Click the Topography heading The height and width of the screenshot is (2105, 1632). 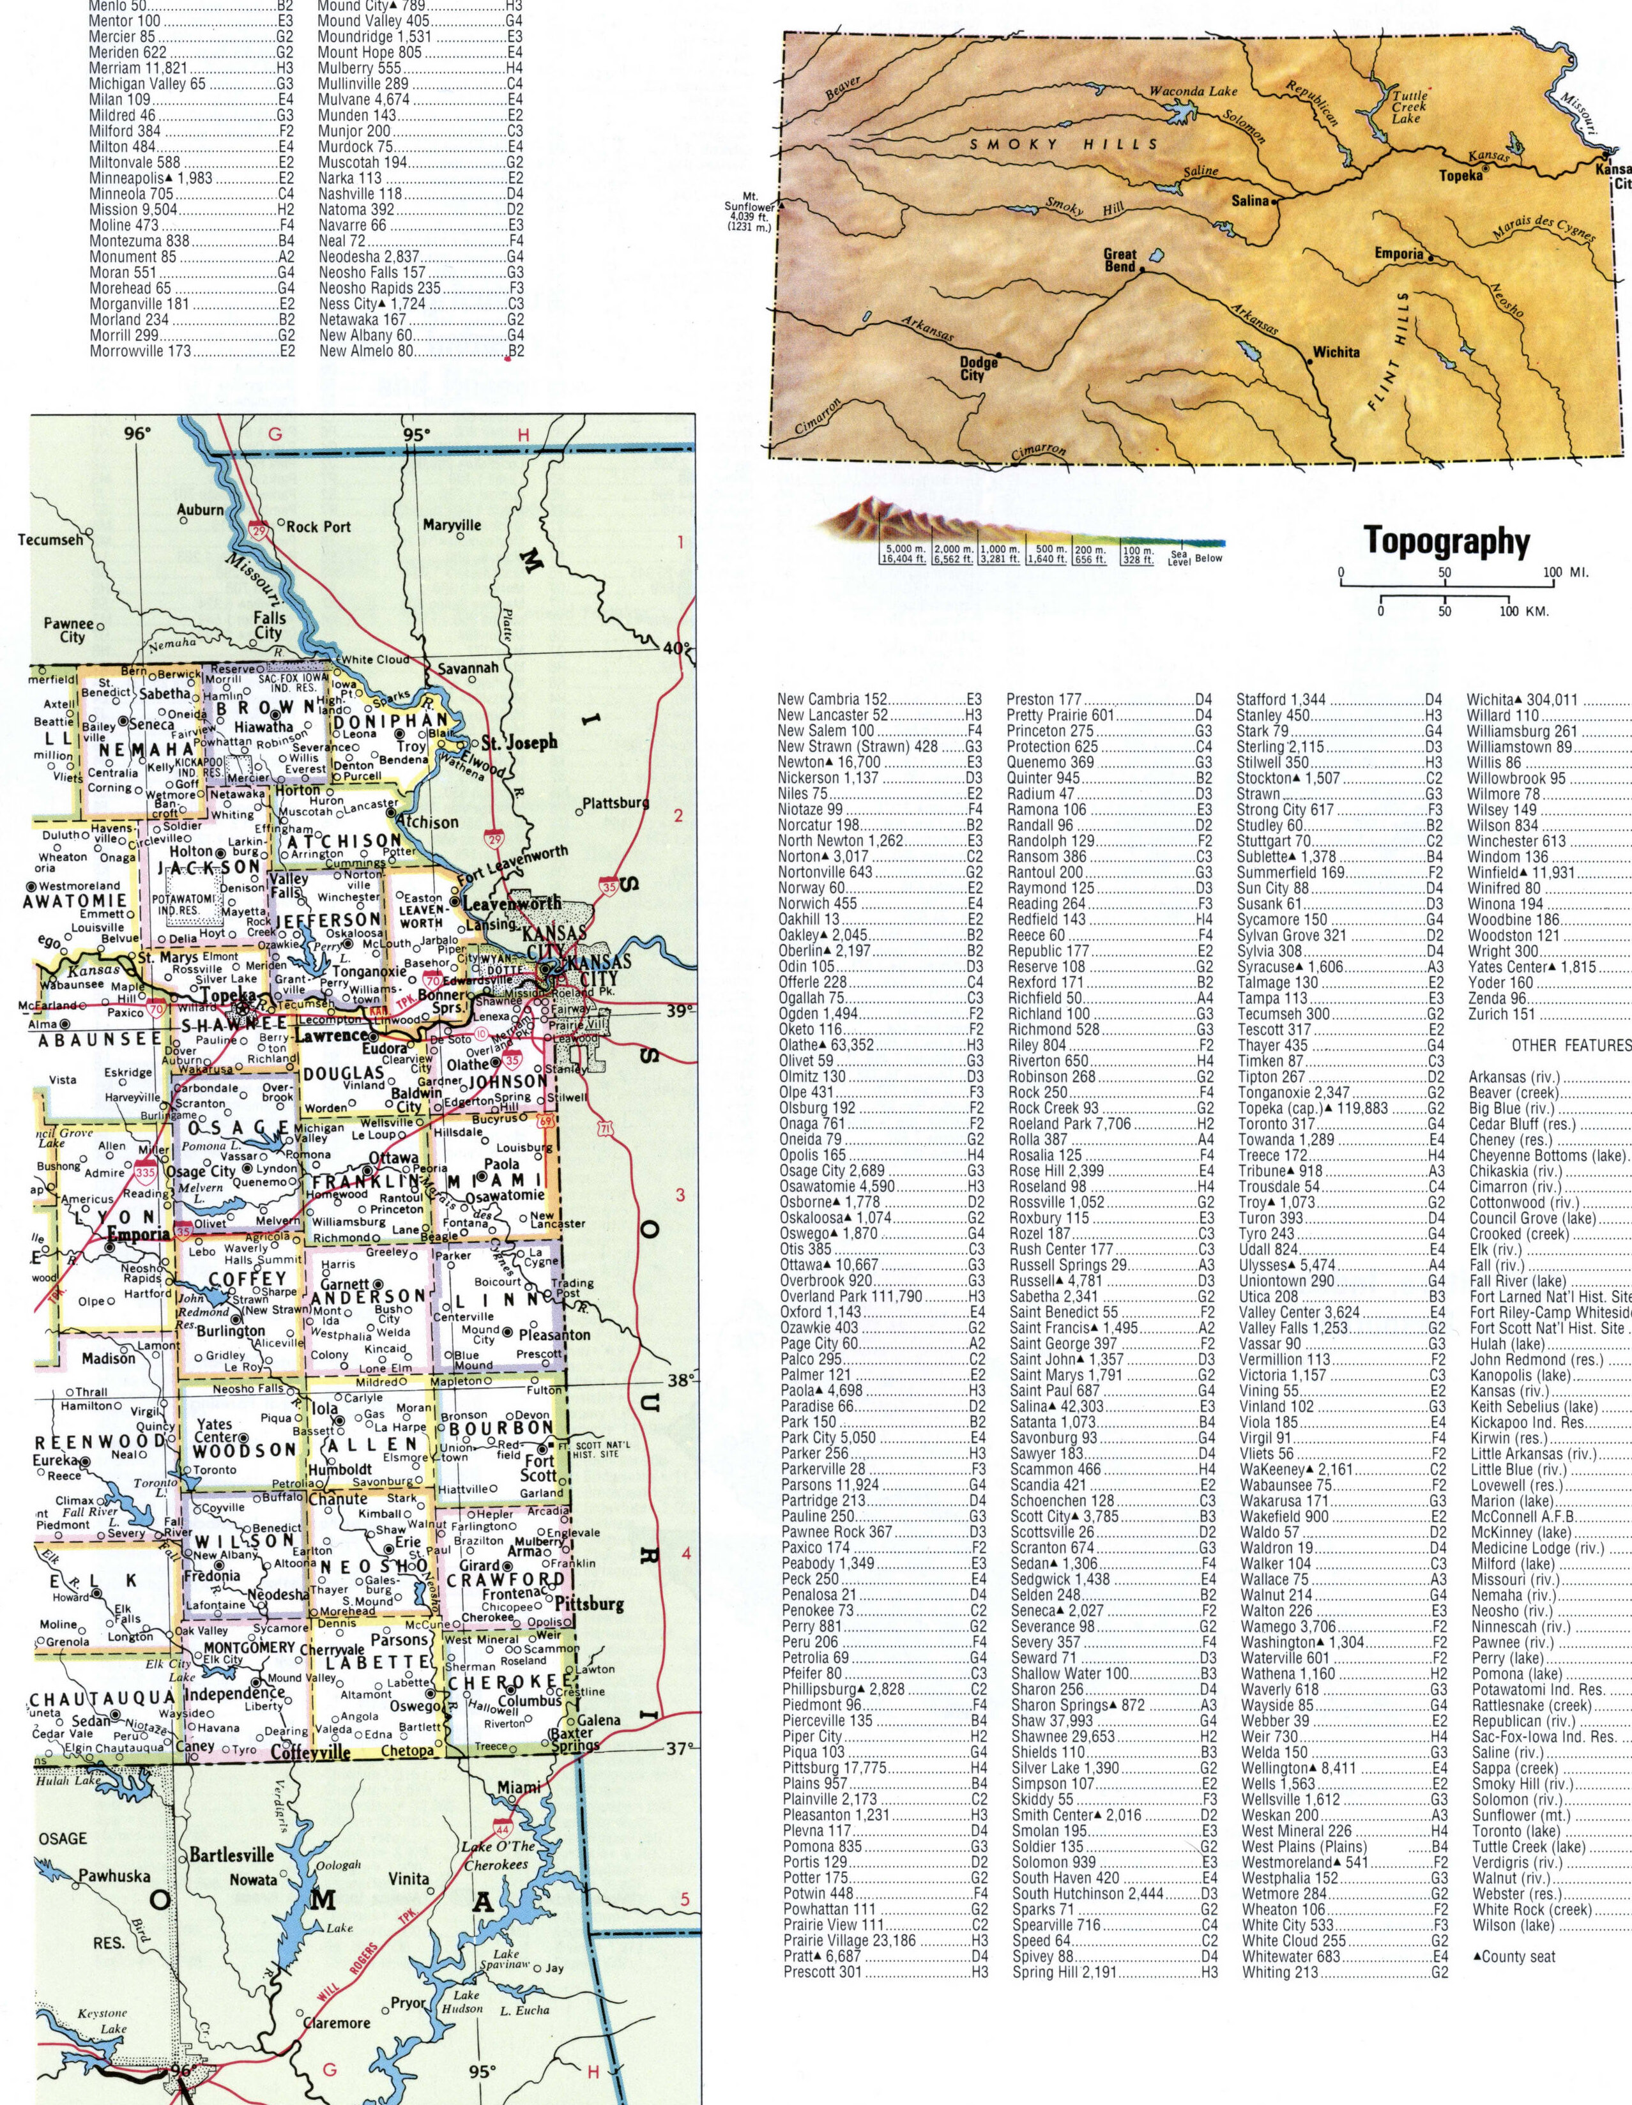1447,541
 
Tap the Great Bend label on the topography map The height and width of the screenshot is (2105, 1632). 1120,260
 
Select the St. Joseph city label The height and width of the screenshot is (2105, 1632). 521,743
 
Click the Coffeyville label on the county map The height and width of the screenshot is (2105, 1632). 310,1752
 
